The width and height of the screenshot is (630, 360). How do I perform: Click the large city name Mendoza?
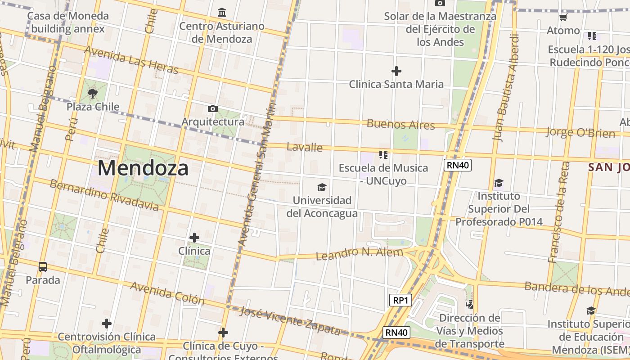click(x=143, y=168)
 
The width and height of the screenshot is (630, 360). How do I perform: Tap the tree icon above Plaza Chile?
click(x=93, y=94)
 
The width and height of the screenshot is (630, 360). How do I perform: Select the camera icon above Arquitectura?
click(x=213, y=108)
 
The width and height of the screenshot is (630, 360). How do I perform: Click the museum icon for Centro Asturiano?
click(x=222, y=13)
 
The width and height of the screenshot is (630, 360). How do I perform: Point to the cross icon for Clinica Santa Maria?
click(x=396, y=71)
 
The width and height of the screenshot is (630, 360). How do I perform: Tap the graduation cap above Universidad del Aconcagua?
click(x=322, y=187)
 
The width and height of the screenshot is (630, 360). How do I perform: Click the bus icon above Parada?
click(x=43, y=267)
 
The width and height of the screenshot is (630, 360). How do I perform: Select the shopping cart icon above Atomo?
click(x=563, y=18)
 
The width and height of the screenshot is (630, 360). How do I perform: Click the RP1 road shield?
click(x=400, y=300)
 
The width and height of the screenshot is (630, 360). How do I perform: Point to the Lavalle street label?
click(x=305, y=147)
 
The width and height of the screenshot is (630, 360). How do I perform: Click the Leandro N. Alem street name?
click(x=360, y=254)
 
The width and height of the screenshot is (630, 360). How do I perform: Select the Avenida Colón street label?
click(x=164, y=293)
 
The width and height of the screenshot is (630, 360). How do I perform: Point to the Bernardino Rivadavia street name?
click(x=104, y=195)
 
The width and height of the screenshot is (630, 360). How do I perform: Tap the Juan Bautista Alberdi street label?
click(x=506, y=88)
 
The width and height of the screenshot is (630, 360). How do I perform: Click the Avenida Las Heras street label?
click(x=131, y=60)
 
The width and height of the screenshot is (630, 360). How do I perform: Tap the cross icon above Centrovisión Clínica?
click(x=106, y=323)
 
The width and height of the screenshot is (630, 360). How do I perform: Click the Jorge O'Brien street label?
click(x=580, y=132)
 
